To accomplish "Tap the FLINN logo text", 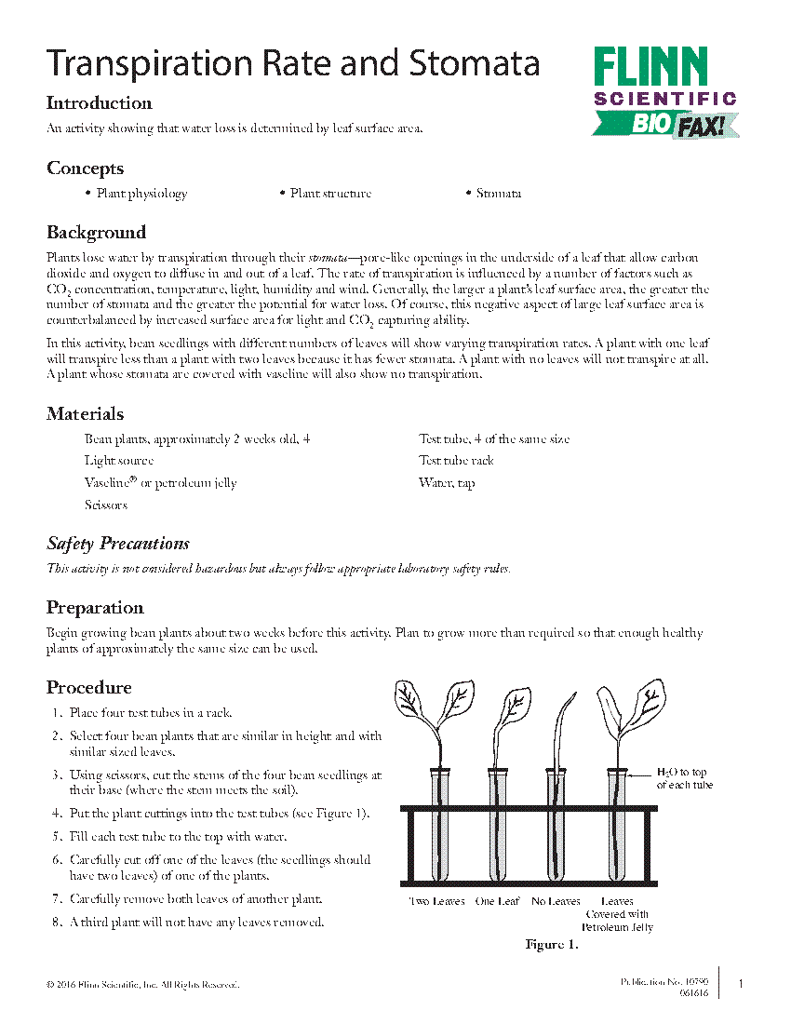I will (650, 68).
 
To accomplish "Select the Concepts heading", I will (85, 168).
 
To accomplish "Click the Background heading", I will (96, 233).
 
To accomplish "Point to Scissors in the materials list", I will (106, 505).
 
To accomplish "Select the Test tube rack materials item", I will (456, 461).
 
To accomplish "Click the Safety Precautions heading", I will (118, 544).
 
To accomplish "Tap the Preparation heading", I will (95, 608).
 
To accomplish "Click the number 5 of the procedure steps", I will (57, 837).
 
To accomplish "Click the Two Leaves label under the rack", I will (436, 901).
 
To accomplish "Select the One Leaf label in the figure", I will (497, 901).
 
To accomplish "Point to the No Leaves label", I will (556, 901).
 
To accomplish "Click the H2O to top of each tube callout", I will (684, 778).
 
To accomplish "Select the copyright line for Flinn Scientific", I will (142, 984).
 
